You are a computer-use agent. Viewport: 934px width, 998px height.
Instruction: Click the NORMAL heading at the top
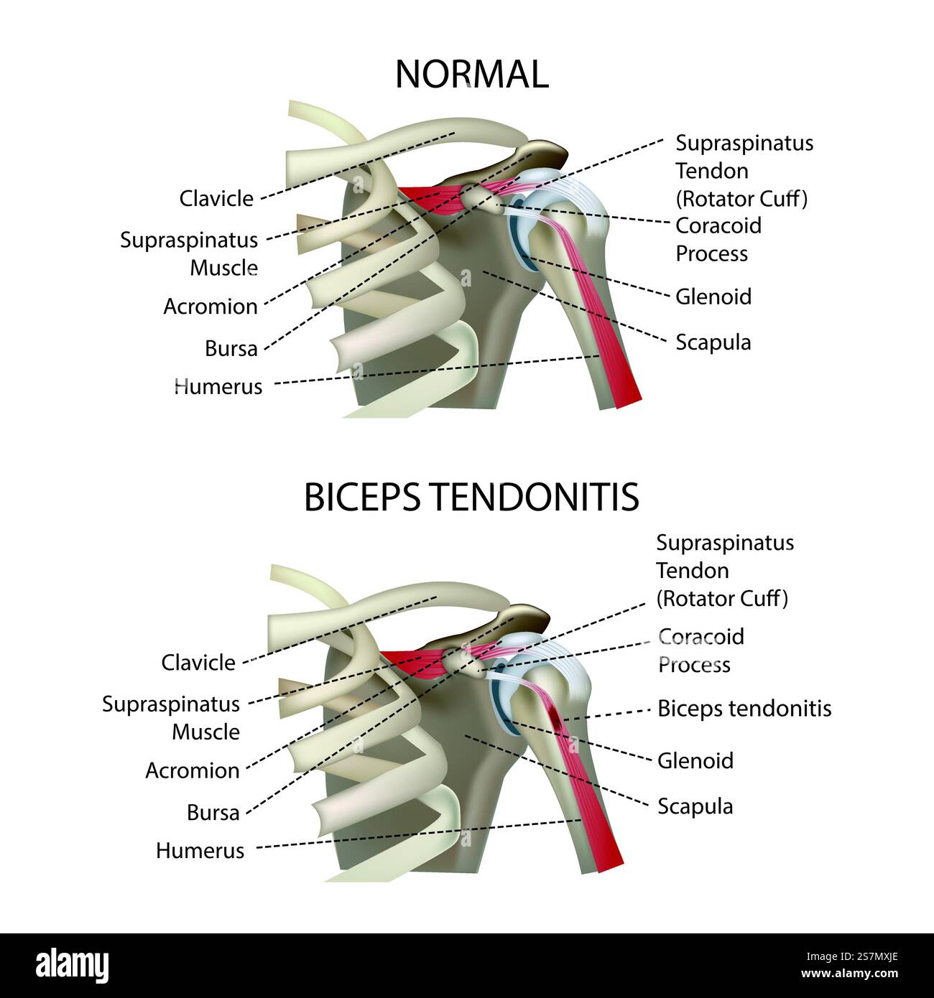(471, 75)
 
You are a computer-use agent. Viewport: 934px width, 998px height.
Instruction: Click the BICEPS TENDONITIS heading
(471, 497)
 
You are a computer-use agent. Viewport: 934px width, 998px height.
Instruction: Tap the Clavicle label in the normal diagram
(216, 198)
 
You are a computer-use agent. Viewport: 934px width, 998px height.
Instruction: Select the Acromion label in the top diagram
(210, 307)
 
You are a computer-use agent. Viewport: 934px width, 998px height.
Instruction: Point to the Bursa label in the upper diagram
(231, 348)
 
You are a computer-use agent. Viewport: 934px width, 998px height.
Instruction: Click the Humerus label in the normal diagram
(218, 386)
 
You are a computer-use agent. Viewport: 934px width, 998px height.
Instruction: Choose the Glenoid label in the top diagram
(713, 297)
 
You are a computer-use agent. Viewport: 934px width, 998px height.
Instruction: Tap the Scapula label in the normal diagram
(713, 342)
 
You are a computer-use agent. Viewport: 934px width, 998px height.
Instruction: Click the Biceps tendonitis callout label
(744, 709)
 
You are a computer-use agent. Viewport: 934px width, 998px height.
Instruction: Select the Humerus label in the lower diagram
(200, 851)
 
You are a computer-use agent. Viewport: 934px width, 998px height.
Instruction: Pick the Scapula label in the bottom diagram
(695, 806)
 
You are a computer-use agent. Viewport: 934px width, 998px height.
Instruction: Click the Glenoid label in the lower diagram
(695, 760)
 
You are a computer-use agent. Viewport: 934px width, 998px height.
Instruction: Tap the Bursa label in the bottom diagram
(213, 813)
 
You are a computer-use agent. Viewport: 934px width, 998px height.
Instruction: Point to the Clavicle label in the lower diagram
(198, 662)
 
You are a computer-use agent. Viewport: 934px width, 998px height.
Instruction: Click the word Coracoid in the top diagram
(718, 225)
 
